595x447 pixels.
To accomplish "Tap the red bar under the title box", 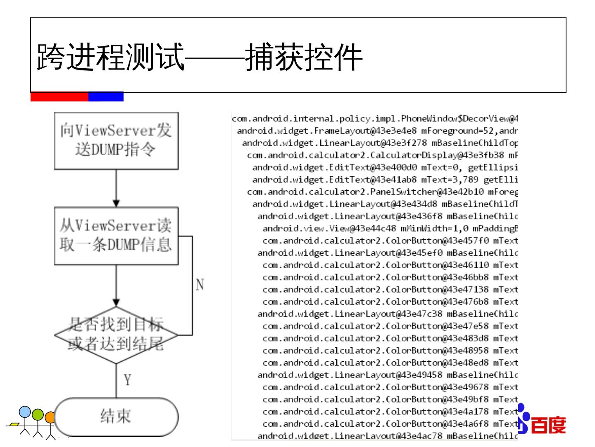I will pos(59,97).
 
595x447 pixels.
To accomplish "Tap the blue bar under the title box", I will pos(106,97).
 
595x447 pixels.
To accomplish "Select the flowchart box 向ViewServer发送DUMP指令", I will pos(116,140).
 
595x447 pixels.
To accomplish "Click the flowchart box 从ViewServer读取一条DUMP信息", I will pos(116,236).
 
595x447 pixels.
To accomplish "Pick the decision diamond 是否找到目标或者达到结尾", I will pos(116,335).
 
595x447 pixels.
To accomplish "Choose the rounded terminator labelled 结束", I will pos(116,416).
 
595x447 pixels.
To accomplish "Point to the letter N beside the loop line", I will pos(200,285).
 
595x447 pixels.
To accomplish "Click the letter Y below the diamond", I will pos(128,380).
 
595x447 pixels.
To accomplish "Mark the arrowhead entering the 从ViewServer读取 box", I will pos(116,203).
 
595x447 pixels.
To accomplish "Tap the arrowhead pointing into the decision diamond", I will pos(116,303).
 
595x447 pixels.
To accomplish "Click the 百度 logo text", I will pos(547,425).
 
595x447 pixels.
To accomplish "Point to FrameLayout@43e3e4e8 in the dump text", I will pos(365,131).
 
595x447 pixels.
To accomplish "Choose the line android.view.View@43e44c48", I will pos(329,228).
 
